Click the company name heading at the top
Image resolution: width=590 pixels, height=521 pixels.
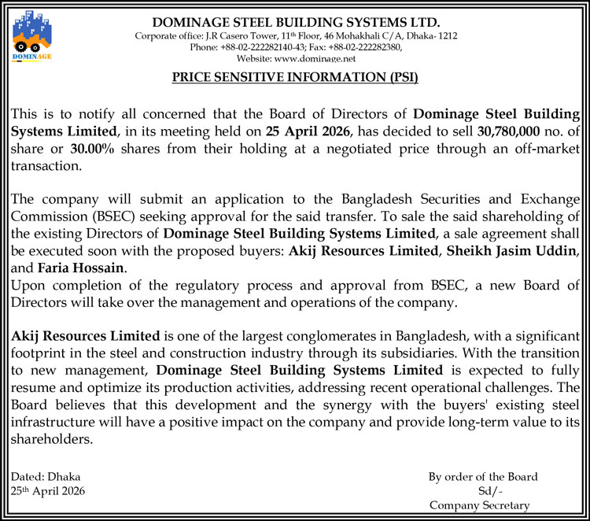coord(296,23)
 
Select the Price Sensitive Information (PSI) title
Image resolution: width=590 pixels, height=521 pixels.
coord(295,77)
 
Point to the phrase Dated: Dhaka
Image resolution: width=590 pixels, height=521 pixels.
coord(45,477)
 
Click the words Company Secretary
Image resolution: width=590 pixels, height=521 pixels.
coord(480,505)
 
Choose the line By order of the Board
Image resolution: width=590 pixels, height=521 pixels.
coord(483,477)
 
